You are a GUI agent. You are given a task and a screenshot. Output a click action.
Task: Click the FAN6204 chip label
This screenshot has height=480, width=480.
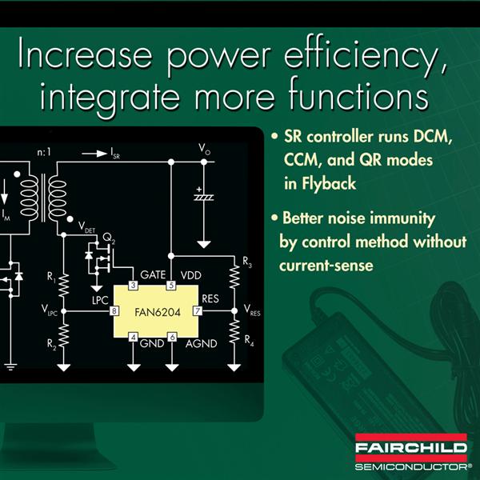coord(158,313)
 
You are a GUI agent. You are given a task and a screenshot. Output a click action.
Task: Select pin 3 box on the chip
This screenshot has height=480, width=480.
coord(133,286)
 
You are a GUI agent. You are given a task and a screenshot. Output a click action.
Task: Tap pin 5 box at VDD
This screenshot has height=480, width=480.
coord(171,286)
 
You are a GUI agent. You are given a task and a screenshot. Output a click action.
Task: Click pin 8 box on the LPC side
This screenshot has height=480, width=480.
coord(114,311)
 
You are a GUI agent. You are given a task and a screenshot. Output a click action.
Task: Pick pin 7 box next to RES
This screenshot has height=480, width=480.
coord(198,311)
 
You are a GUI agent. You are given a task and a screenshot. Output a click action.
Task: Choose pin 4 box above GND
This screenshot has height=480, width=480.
coord(133,337)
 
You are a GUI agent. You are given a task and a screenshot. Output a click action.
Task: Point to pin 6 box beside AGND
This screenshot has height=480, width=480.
coord(172,337)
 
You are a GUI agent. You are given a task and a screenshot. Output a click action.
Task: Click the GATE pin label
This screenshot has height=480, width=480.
coord(153,275)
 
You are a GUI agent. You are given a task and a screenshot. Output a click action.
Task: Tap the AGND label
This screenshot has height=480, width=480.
coord(201,344)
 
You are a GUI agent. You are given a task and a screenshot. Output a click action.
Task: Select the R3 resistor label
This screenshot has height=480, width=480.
coord(247,262)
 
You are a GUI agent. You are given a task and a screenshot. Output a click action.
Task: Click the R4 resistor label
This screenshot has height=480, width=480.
coord(249,340)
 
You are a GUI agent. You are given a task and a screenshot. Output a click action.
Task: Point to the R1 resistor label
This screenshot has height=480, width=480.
coord(51,277)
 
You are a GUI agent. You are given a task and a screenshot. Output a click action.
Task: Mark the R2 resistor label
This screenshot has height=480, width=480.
coord(51,344)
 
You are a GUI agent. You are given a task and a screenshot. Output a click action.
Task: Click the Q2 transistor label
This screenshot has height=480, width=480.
coord(109,238)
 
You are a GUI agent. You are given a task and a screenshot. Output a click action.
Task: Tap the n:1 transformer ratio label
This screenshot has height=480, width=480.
coord(44,152)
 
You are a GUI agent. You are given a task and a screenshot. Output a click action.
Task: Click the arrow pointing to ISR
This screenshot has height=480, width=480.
coord(94,154)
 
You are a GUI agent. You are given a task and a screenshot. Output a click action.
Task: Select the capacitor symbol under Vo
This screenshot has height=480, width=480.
coord(203,195)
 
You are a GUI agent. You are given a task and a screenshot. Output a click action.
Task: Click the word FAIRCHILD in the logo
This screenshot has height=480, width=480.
coord(411,448)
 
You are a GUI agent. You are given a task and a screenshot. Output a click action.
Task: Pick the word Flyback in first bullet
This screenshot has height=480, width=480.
coord(329,184)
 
